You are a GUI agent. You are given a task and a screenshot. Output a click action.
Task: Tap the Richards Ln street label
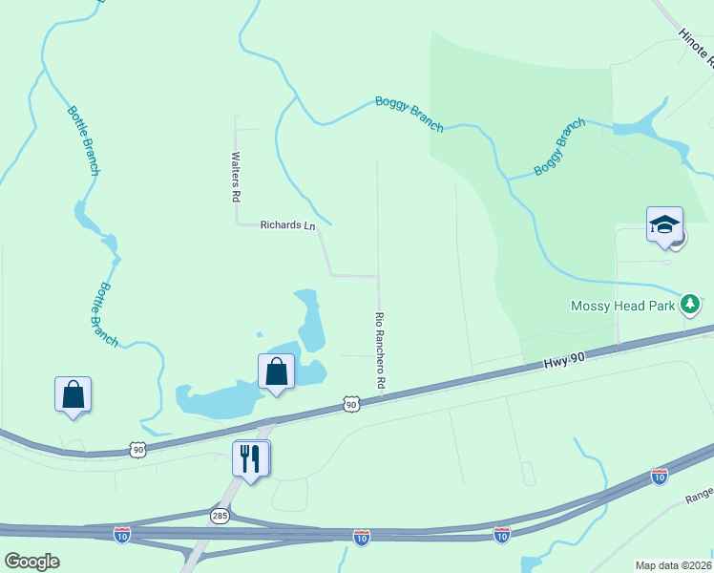[287, 225]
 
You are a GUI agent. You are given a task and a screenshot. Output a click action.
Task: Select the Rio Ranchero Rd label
[380, 350]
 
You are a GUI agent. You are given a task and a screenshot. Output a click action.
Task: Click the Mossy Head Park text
[623, 306]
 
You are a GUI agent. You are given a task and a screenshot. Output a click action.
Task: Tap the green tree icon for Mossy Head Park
[691, 306]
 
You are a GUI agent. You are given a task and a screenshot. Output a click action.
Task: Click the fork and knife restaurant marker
[251, 458]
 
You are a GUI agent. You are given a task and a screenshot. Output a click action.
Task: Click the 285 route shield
[220, 515]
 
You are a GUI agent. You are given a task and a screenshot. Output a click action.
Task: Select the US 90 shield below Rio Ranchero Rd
[351, 405]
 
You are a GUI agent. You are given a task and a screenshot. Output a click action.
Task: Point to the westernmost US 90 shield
[138, 448]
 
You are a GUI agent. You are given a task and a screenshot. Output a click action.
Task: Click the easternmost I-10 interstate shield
[659, 475]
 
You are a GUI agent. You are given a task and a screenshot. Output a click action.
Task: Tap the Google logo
[31, 562]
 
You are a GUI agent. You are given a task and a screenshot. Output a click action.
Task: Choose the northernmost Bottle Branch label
[82, 140]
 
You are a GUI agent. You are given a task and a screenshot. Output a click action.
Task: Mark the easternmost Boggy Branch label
[559, 147]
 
